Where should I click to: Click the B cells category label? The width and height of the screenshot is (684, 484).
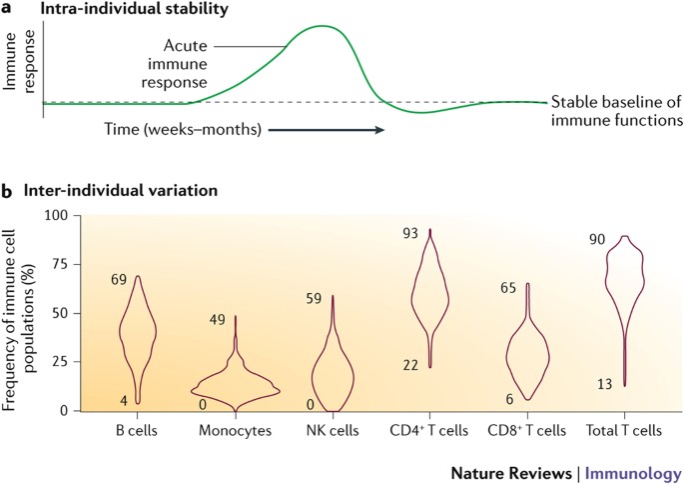pyautogui.click(x=139, y=431)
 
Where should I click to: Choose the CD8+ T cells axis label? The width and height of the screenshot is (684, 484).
pyautogui.click(x=528, y=431)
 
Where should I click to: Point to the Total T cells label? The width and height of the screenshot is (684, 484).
pyautogui.click(x=625, y=431)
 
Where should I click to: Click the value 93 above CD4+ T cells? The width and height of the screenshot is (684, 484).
pyautogui.click(x=408, y=233)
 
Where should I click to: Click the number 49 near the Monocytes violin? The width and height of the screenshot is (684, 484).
pyautogui.click(x=218, y=320)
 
